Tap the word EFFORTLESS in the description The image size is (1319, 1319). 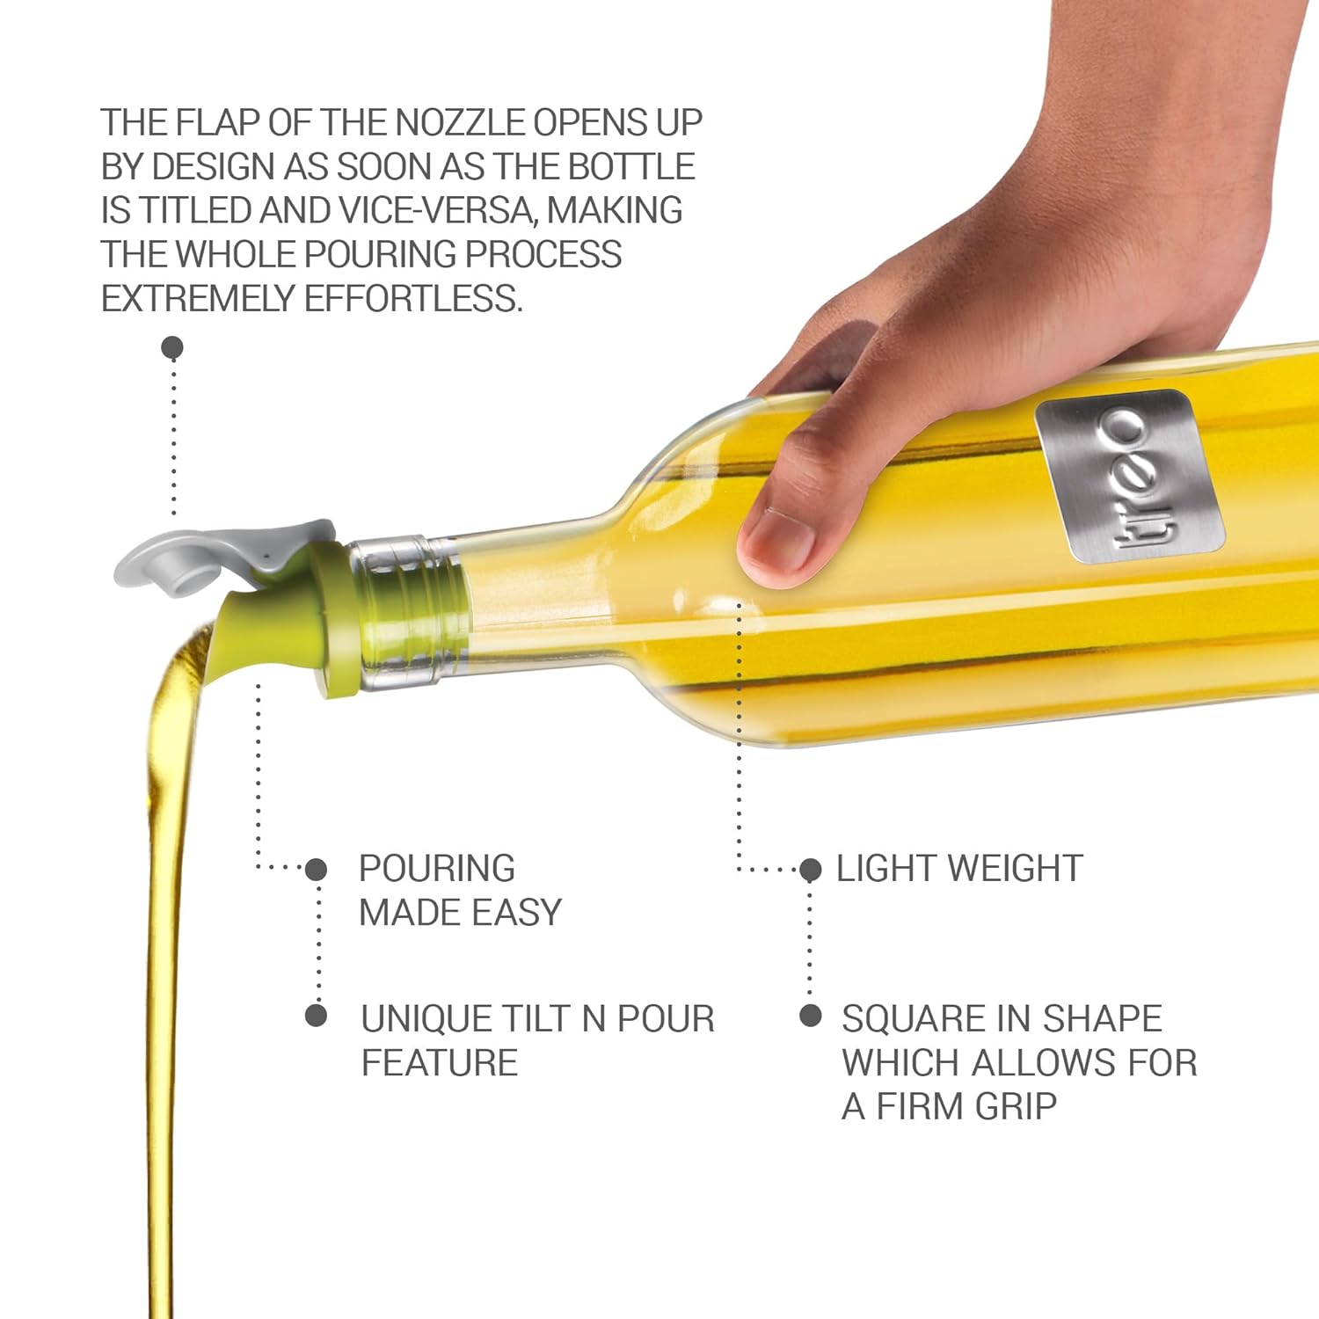pyautogui.click(x=413, y=299)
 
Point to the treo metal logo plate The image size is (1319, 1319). pyautogui.click(x=1130, y=475)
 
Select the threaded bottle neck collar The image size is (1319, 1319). pyautogui.click(x=409, y=611)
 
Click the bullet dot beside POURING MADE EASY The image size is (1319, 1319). pyautogui.click(x=316, y=870)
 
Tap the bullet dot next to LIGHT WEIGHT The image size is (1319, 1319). pyautogui.click(x=810, y=870)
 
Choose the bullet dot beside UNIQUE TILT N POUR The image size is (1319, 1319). pyautogui.click(x=316, y=1016)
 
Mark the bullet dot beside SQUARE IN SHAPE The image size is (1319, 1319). pyautogui.click(x=810, y=1016)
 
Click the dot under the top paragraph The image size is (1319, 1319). pyautogui.click(x=172, y=346)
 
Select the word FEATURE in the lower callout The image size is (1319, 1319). pyautogui.click(x=440, y=1063)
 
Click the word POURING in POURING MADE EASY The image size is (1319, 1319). pyautogui.click(x=437, y=869)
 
